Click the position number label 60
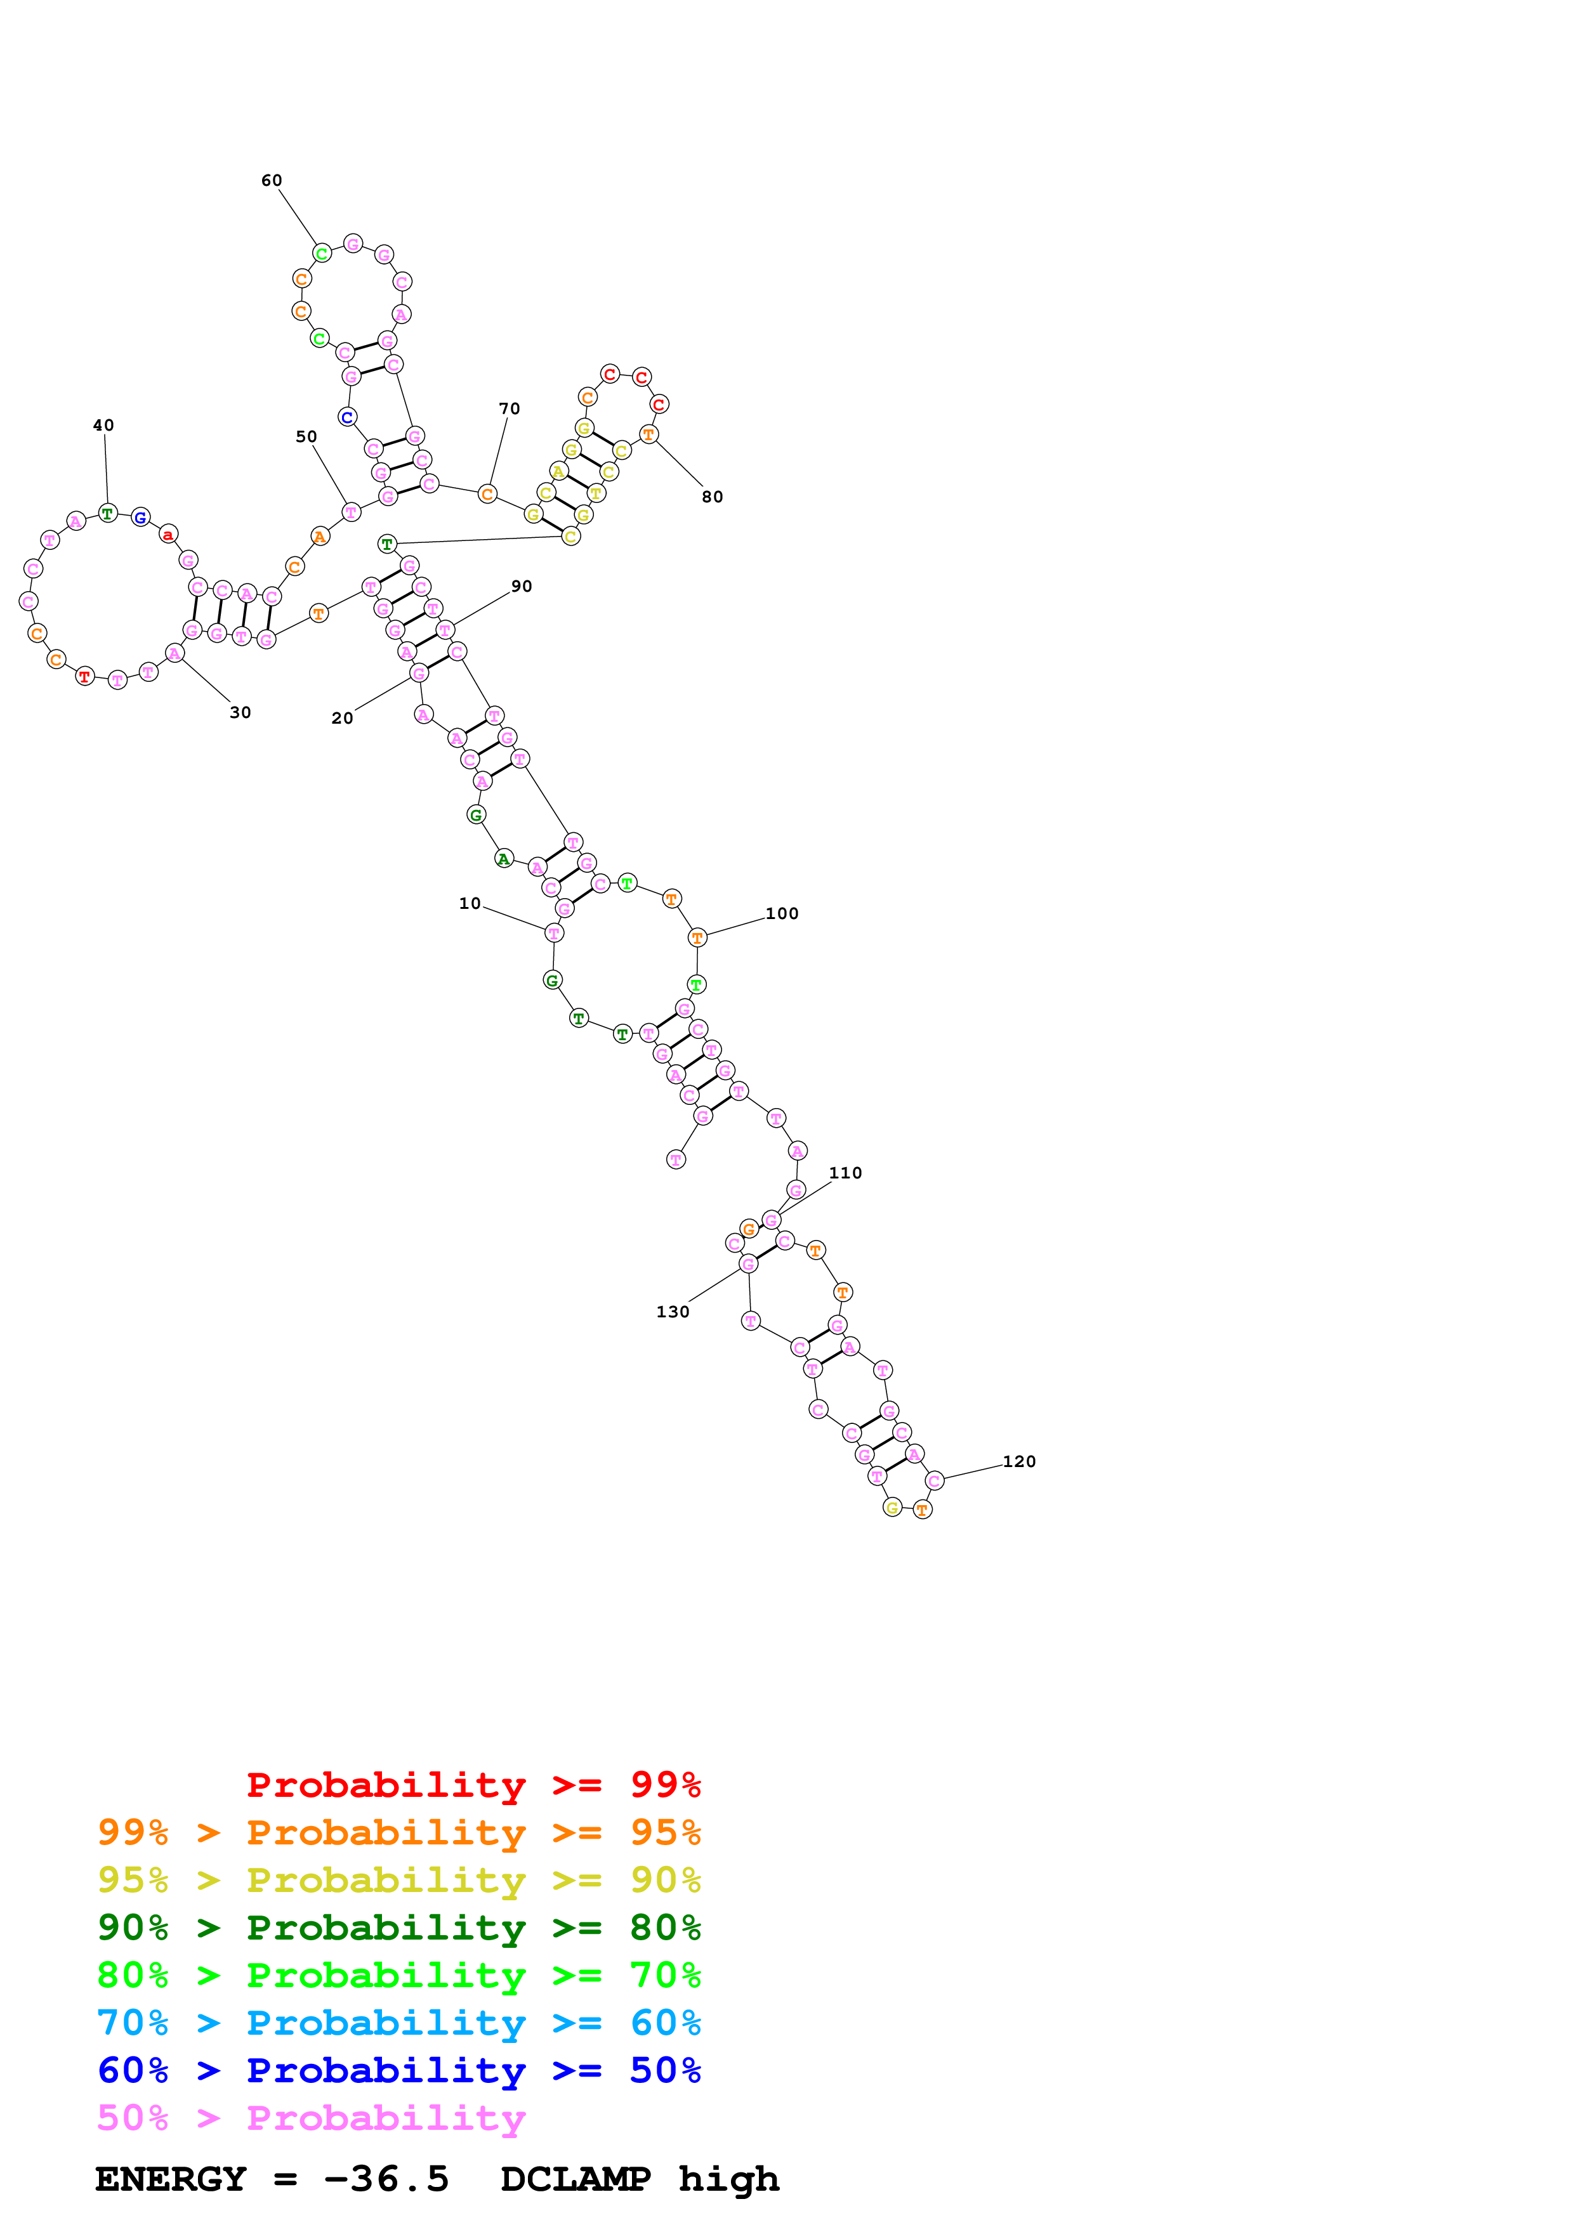point(272,180)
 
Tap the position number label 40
point(103,426)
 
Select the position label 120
point(1018,1461)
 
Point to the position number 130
point(673,1312)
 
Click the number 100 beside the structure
point(782,914)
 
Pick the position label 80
point(713,497)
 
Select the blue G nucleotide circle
point(140,518)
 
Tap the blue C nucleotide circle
point(347,418)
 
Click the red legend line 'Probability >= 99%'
point(473,1784)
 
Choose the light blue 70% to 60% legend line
point(398,2023)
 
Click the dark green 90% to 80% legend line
point(398,1928)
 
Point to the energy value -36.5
point(386,2179)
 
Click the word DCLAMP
point(576,2179)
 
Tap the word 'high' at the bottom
point(729,2179)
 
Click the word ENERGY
point(171,2179)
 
